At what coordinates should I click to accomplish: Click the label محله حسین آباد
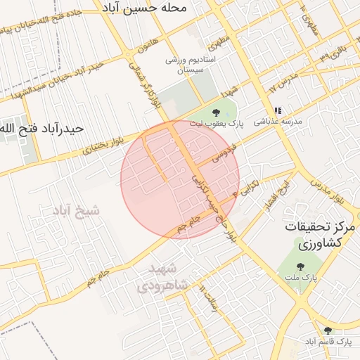[x=153, y=9]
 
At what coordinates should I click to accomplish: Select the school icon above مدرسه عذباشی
[x=278, y=111]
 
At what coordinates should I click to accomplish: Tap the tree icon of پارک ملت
[x=301, y=266]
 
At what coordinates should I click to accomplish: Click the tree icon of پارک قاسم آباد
[x=328, y=330]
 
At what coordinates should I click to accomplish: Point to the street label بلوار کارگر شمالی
[x=141, y=84]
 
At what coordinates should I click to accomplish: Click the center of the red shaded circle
[x=180, y=180]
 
